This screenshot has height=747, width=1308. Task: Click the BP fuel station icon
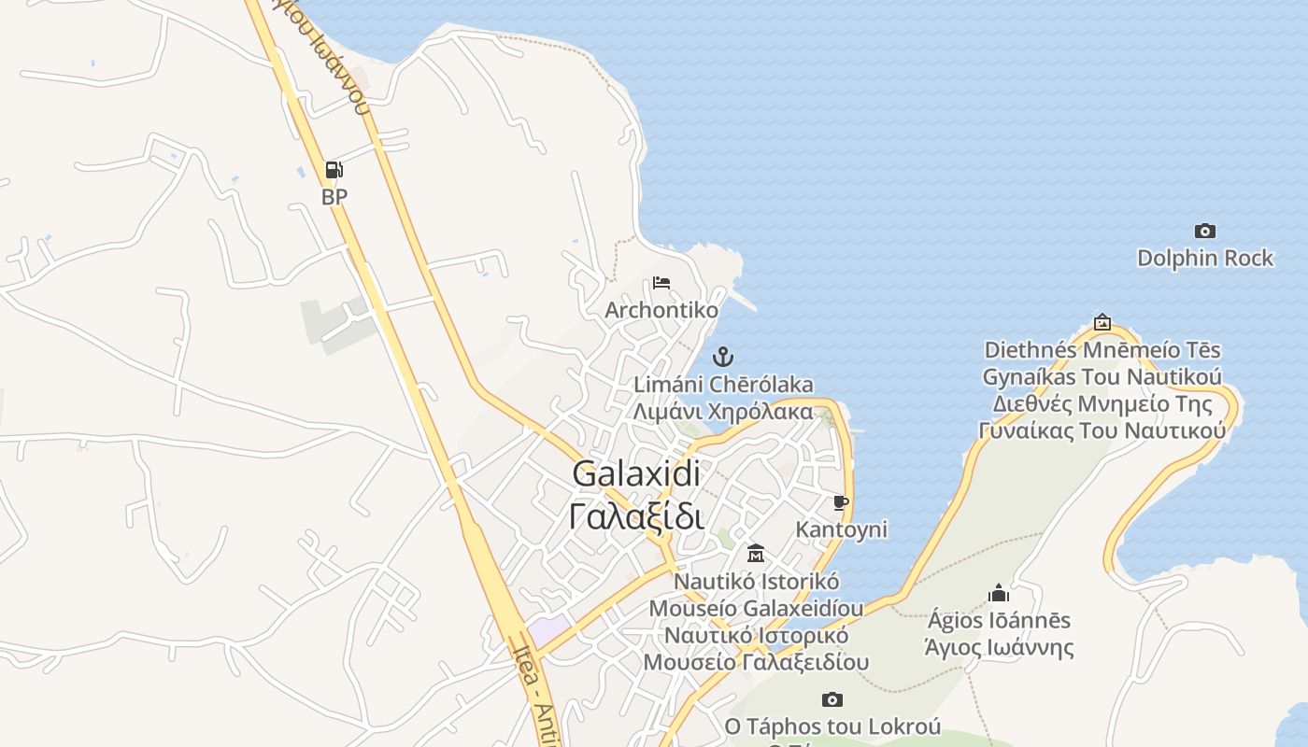tap(334, 170)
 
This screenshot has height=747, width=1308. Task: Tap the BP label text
tap(334, 197)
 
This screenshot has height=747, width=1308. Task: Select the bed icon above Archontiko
tap(661, 282)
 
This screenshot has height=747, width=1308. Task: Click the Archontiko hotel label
tap(661, 310)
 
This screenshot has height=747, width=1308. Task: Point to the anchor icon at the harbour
tap(722, 357)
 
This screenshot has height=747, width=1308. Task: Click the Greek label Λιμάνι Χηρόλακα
tap(723, 411)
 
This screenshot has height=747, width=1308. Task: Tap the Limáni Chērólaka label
tap(723, 385)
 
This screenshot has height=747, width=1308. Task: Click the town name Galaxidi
tap(636, 473)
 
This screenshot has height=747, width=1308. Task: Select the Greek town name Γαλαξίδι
tap(636, 515)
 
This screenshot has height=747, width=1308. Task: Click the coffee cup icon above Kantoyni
tap(841, 502)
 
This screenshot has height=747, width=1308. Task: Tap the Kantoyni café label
tap(841, 529)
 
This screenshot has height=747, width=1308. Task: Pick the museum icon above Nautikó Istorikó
tap(756, 554)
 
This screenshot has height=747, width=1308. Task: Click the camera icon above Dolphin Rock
tap(1205, 231)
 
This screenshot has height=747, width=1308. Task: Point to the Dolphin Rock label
tap(1205, 258)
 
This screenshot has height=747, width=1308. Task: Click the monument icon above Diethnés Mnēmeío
tap(1102, 322)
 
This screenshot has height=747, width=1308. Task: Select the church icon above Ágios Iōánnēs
tap(999, 593)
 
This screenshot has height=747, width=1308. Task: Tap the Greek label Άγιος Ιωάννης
tap(999, 647)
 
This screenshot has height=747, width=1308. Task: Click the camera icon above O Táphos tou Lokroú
tap(832, 699)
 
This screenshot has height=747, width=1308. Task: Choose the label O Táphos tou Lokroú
tap(832, 726)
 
